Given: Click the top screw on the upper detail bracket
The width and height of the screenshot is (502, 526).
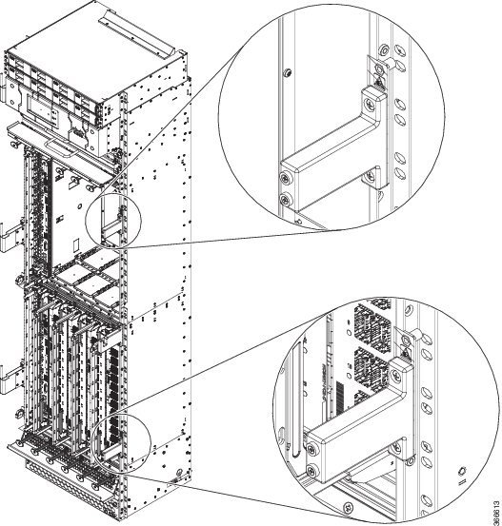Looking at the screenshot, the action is pyautogui.click(x=370, y=103).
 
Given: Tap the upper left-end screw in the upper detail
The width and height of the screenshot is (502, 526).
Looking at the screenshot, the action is pyautogui.click(x=286, y=178).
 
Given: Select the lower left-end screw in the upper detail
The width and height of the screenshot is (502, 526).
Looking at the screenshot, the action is pyautogui.click(x=286, y=201).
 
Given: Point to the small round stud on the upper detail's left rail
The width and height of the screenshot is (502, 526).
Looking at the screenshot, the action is pyautogui.click(x=288, y=72).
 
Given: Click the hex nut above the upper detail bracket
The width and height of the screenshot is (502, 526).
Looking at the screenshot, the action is pyautogui.click(x=379, y=69).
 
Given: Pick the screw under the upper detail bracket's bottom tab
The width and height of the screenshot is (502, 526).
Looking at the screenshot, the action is pyautogui.click(x=370, y=174).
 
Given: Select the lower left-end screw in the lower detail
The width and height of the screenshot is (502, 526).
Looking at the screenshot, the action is pyautogui.click(x=312, y=470).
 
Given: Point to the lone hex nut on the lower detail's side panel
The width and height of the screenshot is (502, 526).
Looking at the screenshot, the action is pyautogui.click(x=462, y=470).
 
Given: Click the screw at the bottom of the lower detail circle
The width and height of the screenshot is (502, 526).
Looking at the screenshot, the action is pyautogui.click(x=348, y=506).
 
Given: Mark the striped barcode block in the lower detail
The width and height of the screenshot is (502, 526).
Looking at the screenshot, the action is pyautogui.click(x=340, y=399).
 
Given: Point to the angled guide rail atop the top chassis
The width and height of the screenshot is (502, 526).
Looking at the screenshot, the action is pyautogui.click(x=138, y=32).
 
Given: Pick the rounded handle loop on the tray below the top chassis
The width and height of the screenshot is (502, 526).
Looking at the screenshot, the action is pyautogui.click(x=60, y=148).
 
